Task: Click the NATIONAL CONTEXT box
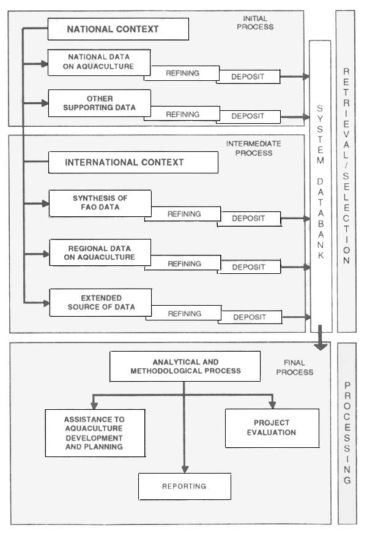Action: pos(117,29)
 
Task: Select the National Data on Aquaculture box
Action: pos(99,62)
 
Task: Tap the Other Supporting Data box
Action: pos(99,103)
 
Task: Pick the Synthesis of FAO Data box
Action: pos(100,203)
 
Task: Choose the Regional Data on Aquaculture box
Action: pos(100,252)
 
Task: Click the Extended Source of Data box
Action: pos(100,302)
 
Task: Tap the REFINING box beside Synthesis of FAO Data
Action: pos(183,214)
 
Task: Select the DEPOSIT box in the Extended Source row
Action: pos(249,317)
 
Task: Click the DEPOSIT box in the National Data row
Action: pos(248,77)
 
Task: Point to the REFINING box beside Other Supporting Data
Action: pos(182,115)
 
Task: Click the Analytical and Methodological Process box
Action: pos(185,366)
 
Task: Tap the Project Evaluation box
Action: pos(272,428)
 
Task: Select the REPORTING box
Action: pos(184,486)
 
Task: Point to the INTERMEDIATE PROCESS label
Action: pos(253,148)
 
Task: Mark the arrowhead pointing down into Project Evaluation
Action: pos(272,404)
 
